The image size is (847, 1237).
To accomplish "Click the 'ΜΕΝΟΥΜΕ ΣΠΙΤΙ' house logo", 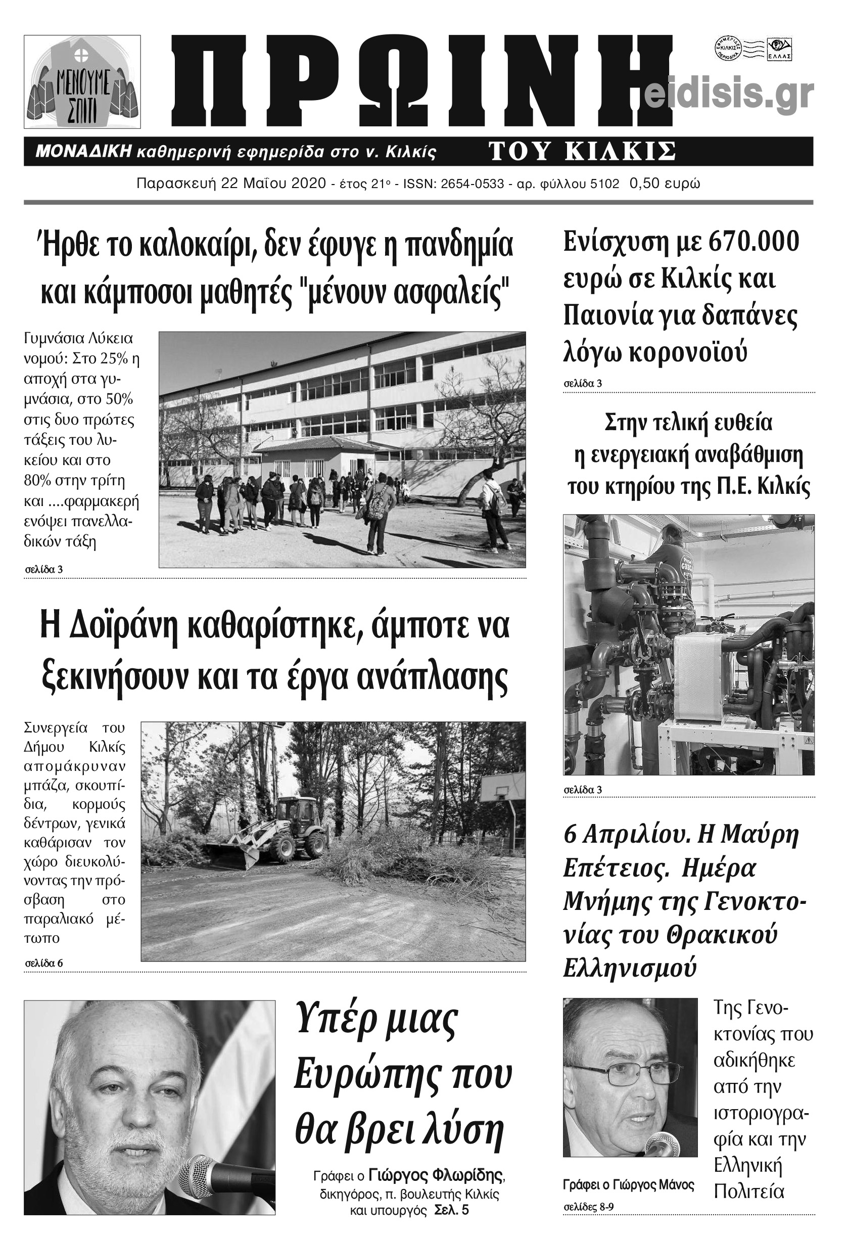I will (x=82, y=82).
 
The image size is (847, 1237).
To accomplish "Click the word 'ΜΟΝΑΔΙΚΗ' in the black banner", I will (x=83, y=152).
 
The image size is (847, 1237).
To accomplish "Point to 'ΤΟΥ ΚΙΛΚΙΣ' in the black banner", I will (x=582, y=152).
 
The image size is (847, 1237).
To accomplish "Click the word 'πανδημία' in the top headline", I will (x=458, y=245).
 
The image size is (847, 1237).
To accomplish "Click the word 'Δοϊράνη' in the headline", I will (x=122, y=627).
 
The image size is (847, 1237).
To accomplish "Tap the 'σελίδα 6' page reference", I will (x=44, y=963).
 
